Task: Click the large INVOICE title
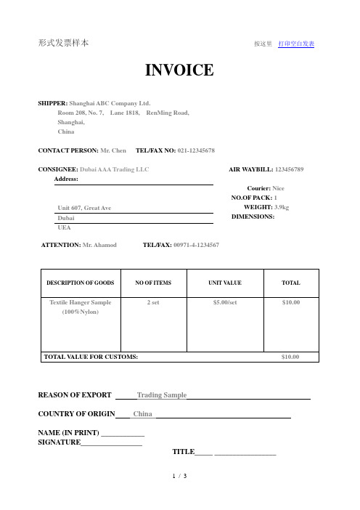(180, 70)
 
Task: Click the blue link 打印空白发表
(296, 44)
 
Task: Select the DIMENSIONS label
(253, 216)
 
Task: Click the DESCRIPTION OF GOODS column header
(81, 283)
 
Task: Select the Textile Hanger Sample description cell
(81, 305)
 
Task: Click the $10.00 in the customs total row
(290, 357)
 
